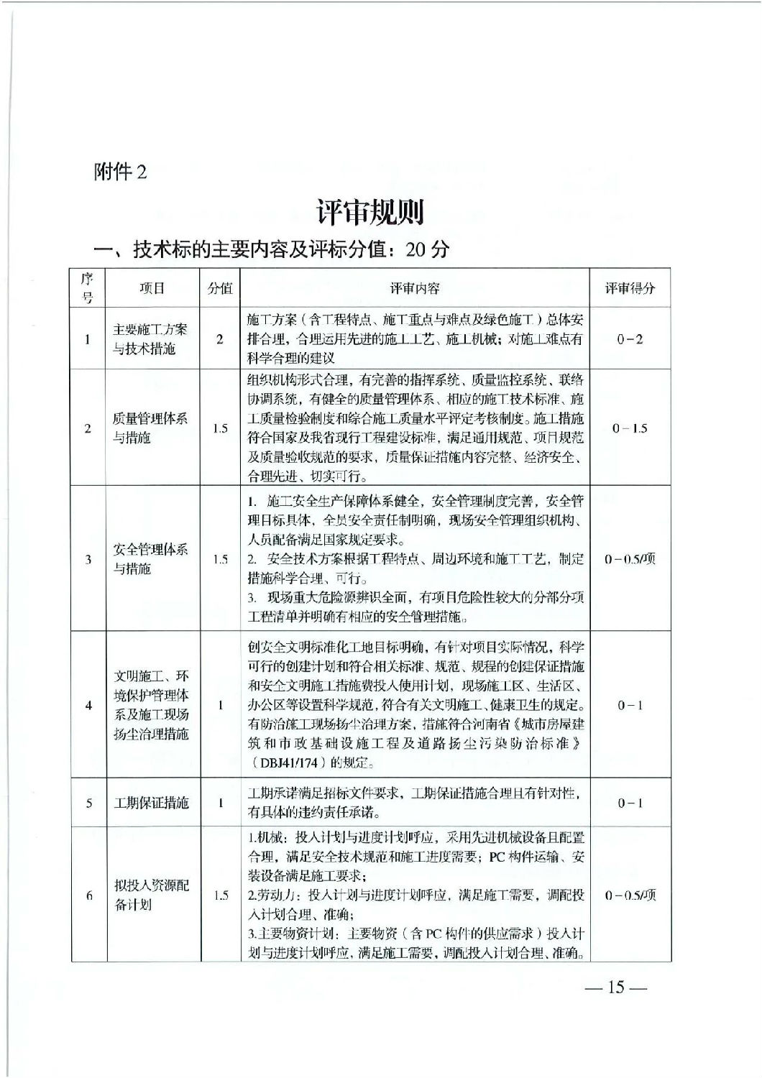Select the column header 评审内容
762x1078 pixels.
click(x=414, y=288)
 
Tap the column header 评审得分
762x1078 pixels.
click(x=629, y=288)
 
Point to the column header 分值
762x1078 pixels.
click(x=220, y=288)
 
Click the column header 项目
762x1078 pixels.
click(x=152, y=288)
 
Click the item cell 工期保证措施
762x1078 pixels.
click(x=152, y=803)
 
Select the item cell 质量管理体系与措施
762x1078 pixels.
click(x=152, y=428)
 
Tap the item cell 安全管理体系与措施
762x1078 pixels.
click(x=152, y=559)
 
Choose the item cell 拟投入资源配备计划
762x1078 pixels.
click(x=152, y=895)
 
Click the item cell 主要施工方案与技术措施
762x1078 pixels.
click(x=152, y=339)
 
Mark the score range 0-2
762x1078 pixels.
click(x=629, y=339)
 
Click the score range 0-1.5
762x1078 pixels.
click(x=629, y=428)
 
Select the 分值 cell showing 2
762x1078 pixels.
click(x=220, y=339)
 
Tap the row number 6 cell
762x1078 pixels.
click(x=88, y=895)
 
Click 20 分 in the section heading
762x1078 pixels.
click(x=427, y=249)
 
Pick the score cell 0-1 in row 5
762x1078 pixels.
click(x=629, y=803)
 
